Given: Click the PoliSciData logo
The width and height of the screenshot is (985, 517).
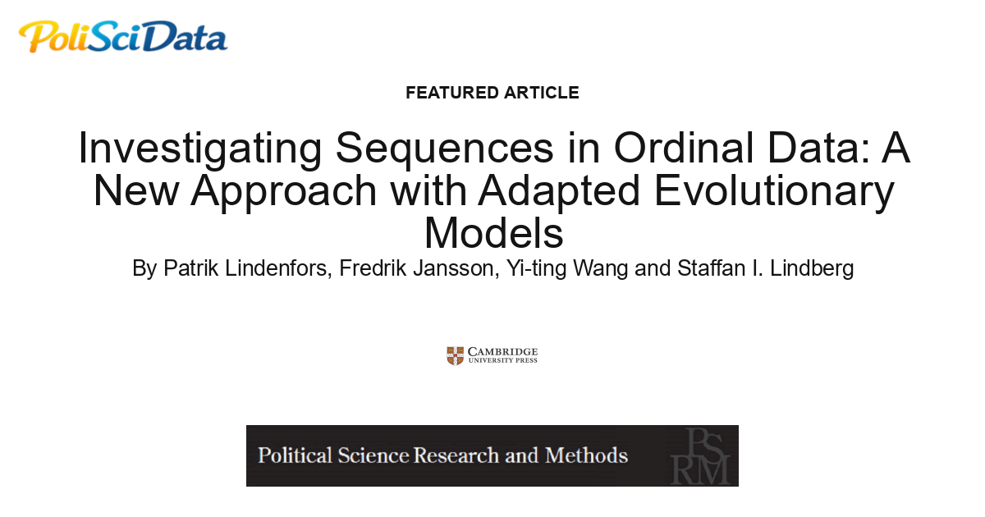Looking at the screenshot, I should click(123, 37).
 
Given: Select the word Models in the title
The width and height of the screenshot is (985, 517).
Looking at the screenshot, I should click(493, 232).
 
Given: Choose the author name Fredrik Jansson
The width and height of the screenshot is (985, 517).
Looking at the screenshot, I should click(415, 268).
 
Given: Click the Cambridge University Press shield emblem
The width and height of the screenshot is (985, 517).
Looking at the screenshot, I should click(455, 355).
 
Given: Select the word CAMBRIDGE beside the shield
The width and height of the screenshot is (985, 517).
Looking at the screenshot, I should click(503, 350).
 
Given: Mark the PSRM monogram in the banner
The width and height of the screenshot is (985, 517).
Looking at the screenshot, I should click(699, 455).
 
